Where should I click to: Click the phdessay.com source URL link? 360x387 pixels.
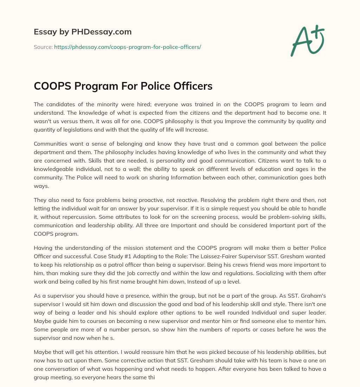tap(127, 47)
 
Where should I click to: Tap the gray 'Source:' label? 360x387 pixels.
tap(43, 47)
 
